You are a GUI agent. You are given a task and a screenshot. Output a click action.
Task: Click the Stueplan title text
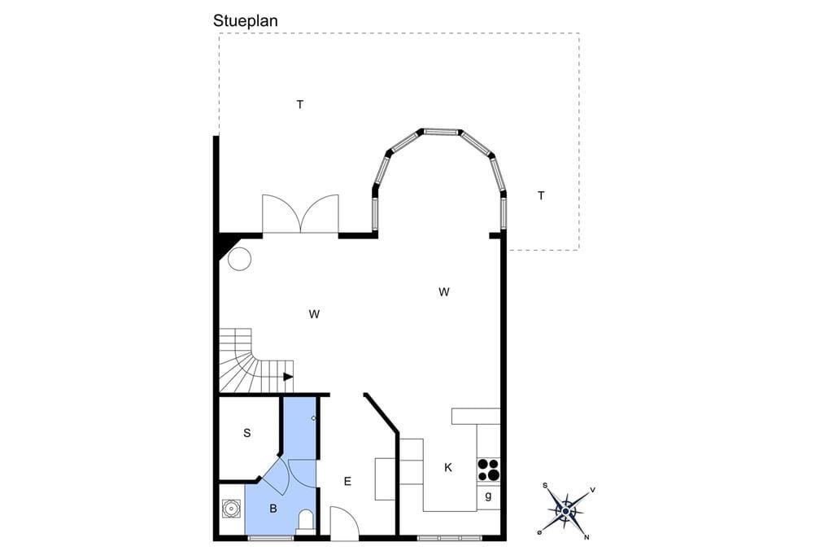pos(245,20)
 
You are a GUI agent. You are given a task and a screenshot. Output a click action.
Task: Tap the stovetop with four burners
pos(489,470)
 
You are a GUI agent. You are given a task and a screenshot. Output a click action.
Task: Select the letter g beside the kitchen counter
pos(488,496)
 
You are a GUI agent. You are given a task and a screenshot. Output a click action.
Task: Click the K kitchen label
pos(448,467)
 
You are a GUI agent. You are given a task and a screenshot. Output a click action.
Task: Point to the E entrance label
pos(347,481)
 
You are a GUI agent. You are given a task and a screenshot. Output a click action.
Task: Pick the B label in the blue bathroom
pos(273,509)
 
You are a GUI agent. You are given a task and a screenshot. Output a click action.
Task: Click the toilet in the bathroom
pos(306,520)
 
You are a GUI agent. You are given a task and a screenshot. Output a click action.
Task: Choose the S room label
pos(247,433)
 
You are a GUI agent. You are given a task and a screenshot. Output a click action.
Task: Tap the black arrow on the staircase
pos(288,377)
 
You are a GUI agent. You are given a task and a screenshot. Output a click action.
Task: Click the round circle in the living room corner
pos(239,259)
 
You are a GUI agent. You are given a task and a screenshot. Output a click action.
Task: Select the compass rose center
pos(566,511)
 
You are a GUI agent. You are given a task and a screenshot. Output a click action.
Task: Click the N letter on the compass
pos(587,537)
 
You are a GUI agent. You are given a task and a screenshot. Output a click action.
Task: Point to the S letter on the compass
pos(544,485)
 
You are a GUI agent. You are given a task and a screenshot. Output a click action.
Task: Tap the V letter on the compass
pos(592,490)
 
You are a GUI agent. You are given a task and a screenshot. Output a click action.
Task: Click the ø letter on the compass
pos(539,531)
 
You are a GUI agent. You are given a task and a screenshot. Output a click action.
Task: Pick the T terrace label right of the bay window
pos(541,195)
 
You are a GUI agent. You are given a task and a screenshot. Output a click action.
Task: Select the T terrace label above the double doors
pos(300,104)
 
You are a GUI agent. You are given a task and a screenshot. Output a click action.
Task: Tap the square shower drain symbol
pos(232,509)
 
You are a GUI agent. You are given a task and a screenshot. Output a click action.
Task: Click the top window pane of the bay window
pos(440,131)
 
